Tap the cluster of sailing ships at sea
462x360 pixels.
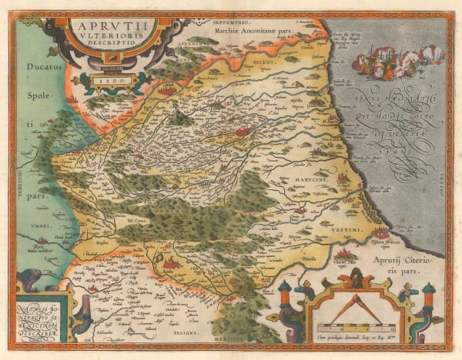click(398, 61)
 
